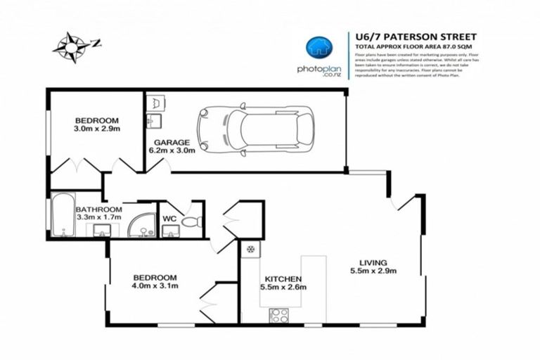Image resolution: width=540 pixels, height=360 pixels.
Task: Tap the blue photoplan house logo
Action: tap(319, 48)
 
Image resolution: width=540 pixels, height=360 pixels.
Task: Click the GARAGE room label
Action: tap(169, 142)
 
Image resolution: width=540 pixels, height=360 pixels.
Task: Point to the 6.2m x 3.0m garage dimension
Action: tap(169, 150)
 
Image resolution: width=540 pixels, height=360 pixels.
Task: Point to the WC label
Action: tap(169, 219)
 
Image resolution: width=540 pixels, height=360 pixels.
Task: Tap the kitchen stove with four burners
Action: tap(278, 315)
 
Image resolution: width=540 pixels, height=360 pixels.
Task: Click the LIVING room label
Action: tap(373, 262)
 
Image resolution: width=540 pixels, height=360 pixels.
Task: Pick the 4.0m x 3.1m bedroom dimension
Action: tap(155, 286)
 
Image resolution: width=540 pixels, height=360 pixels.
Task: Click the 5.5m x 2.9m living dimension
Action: tap(373, 271)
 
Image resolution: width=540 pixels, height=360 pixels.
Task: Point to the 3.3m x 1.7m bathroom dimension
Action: tap(98, 218)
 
